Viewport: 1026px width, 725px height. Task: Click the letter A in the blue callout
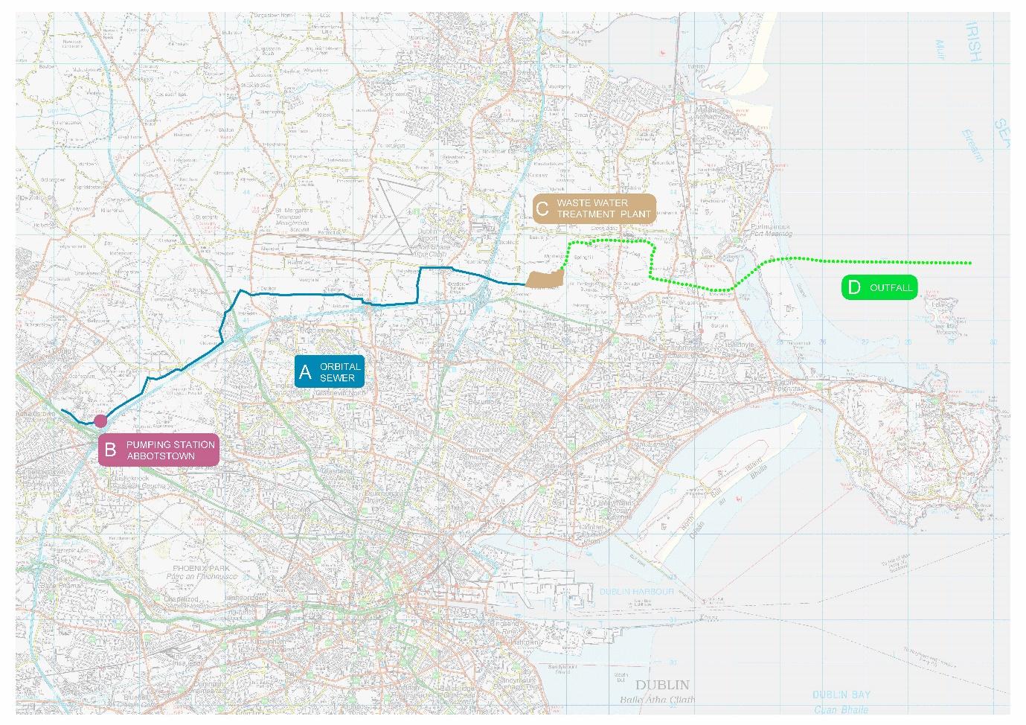pyautogui.click(x=304, y=372)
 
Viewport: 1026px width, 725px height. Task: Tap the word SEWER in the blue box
pyautogui.click(x=337, y=378)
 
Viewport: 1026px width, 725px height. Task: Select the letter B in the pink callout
pyautogui.click(x=110, y=450)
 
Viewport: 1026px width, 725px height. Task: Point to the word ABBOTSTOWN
pyautogui.click(x=161, y=456)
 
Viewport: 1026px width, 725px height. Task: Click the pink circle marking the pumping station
pyautogui.click(x=100, y=421)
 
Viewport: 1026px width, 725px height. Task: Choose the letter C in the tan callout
pyautogui.click(x=542, y=209)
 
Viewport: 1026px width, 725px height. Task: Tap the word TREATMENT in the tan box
pyautogui.click(x=586, y=214)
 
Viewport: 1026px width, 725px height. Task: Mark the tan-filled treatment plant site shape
pyautogui.click(x=542, y=278)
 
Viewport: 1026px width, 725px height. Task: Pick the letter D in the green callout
pyautogui.click(x=853, y=288)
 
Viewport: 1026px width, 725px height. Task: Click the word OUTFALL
pyautogui.click(x=891, y=288)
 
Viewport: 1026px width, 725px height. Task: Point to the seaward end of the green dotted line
pyautogui.click(x=970, y=263)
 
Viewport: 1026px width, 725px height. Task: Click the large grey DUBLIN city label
pyautogui.click(x=662, y=685)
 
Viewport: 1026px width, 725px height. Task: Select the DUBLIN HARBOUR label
pyautogui.click(x=636, y=592)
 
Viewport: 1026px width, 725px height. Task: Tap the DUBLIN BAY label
pyautogui.click(x=841, y=694)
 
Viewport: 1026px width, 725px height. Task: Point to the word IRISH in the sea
pyautogui.click(x=973, y=42)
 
